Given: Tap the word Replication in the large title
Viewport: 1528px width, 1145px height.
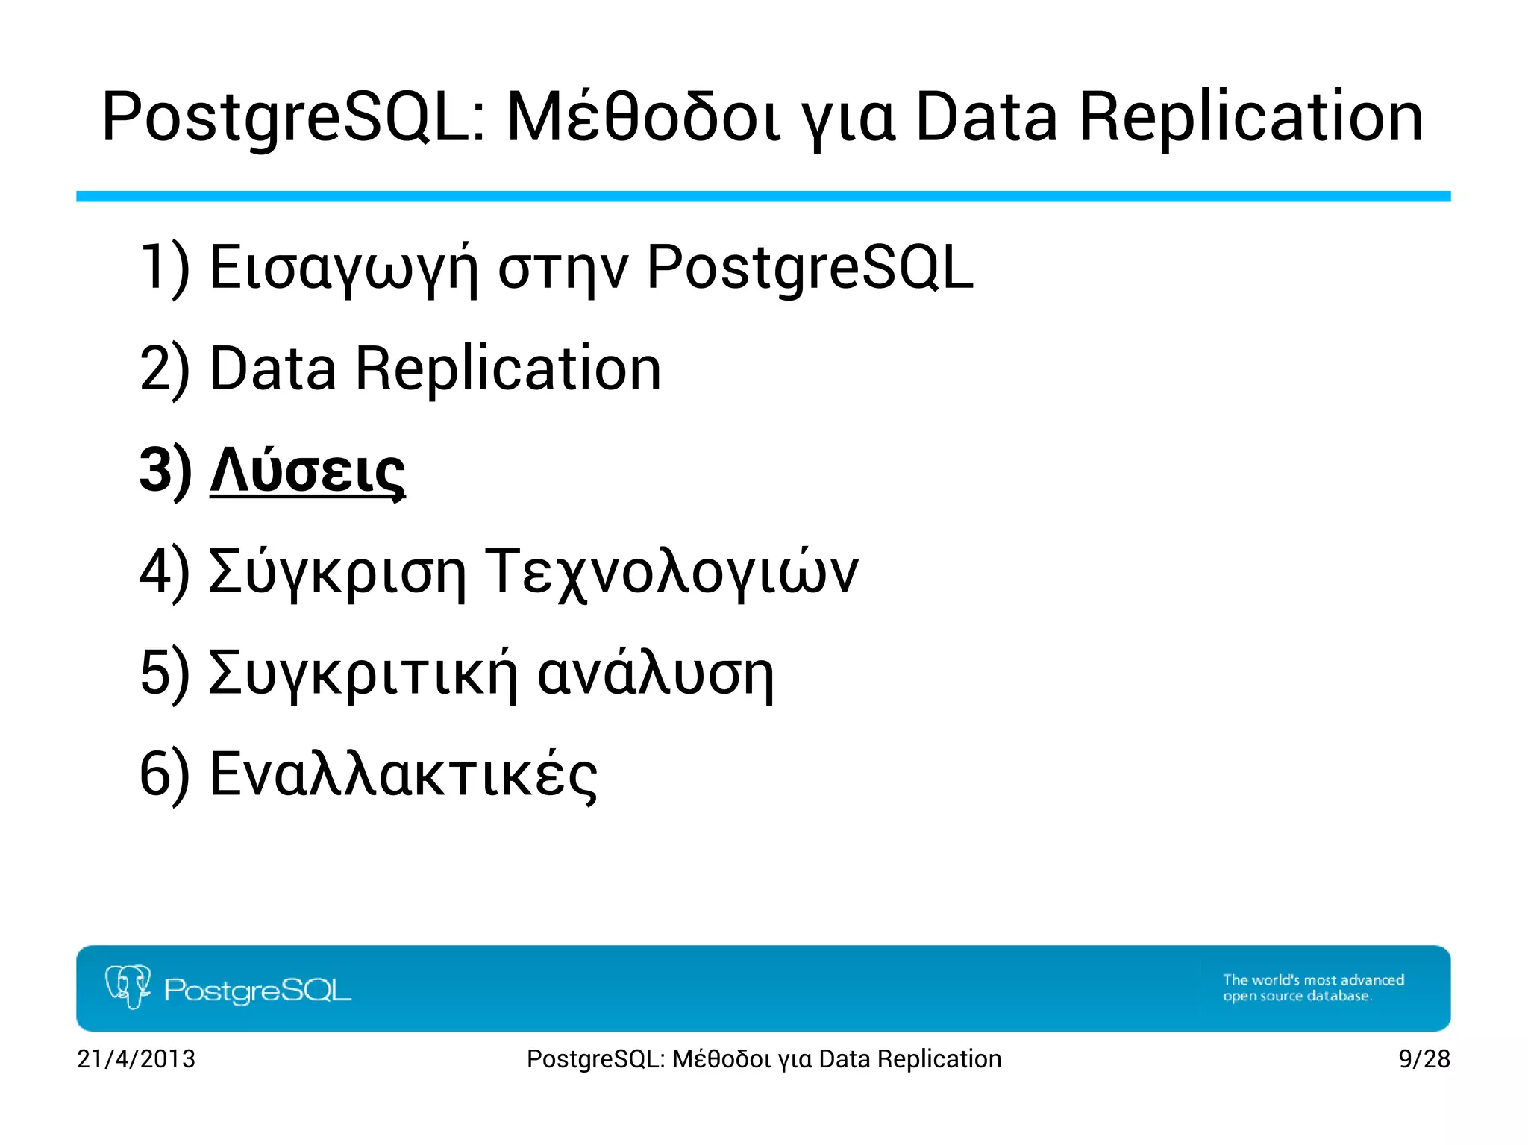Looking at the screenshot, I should pyautogui.click(x=1250, y=118).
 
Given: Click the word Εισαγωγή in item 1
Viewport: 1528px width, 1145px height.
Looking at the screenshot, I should pyautogui.click(x=342, y=269).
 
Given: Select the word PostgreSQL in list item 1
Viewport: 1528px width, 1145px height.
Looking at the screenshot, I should pyautogui.click(x=810, y=269).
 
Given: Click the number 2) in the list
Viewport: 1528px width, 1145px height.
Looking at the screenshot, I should pyautogui.click(x=165, y=369).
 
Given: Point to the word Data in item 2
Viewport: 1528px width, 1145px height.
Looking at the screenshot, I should pyautogui.click(x=273, y=369).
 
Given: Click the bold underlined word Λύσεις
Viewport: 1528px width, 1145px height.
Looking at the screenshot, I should pyautogui.click(x=307, y=471).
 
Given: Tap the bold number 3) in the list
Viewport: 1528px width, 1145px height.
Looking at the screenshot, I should pyautogui.click(x=165, y=471).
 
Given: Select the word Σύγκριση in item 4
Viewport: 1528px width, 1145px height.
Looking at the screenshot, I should pyautogui.click(x=337, y=572).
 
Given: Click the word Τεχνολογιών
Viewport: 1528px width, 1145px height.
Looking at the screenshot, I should pyautogui.click(x=671, y=572).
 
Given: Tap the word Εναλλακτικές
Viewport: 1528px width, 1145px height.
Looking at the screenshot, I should pyautogui.click(x=403, y=775).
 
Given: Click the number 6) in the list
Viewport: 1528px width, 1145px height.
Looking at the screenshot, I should pyautogui.click(x=165, y=775).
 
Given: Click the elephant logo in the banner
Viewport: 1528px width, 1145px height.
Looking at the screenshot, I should pyautogui.click(x=128, y=987).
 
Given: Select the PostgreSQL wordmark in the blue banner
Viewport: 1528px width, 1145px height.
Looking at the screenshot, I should pyautogui.click(x=257, y=991).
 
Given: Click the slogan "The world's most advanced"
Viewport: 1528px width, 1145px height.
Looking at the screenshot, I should pyautogui.click(x=1313, y=979).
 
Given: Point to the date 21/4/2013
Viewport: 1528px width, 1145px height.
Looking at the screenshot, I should pyautogui.click(x=136, y=1058).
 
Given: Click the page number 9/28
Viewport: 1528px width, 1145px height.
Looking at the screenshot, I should pyautogui.click(x=1424, y=1058).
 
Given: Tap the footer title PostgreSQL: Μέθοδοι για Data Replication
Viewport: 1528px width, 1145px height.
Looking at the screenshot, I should pyautogui.click(x=763, y=1058).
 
